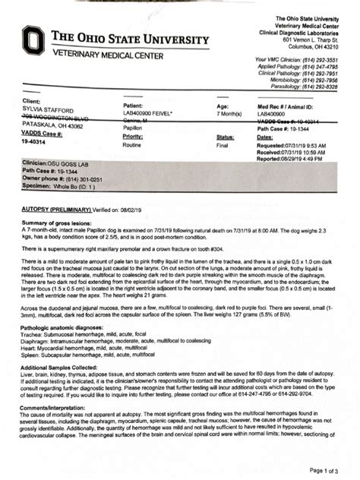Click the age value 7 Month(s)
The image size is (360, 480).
click(224, 114)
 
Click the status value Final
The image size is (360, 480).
click(223, 144)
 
